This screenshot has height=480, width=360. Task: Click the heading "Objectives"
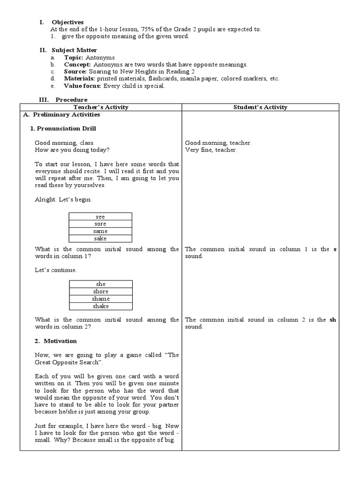(67, 22)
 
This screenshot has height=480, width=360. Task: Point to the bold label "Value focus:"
(82, 86)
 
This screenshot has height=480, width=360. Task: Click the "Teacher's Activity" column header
(101, 107)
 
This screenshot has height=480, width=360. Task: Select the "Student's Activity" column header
(260, 107)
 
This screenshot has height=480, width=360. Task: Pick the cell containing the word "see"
(100, 217)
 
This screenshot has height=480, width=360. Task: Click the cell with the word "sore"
(100, 224)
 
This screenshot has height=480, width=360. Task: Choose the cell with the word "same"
(100, 231)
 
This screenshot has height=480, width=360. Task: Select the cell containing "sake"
(100, 239)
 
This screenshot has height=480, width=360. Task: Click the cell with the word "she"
(101, 284)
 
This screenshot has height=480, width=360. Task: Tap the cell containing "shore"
(101, 292)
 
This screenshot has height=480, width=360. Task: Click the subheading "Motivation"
(63, 341)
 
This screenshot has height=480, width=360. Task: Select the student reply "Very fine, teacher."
(211, 150)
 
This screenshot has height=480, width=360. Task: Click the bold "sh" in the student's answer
(333, 320)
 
